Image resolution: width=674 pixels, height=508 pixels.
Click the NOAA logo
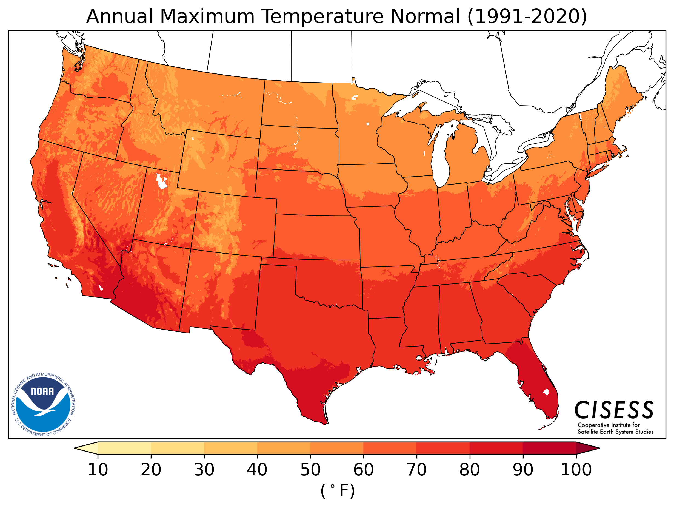pyautogui.click(x=44, y=404)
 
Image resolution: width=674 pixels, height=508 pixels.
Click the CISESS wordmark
pyautogui.click(x=614, y=410)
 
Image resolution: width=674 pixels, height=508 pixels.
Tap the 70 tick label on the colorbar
pyautogui.click(x=416, y=470)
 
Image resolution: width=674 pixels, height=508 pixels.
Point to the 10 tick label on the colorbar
pyautogui.click(x=98, y=470)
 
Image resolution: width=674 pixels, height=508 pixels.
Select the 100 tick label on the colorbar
pyautogui.click(x=576, y=470)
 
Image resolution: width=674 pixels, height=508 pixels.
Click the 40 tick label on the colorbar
pyautogui.click(x=257, y=470)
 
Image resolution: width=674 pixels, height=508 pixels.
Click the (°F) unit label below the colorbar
pyautogui.click(x=337, y=491)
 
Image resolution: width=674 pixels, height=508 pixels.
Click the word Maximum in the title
pyautogui.click(x=207, y=16)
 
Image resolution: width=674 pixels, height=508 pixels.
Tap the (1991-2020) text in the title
pyautogui.click(x=527, y=16)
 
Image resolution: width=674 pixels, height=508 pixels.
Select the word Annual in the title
pyautogui.click(x=119, y=16)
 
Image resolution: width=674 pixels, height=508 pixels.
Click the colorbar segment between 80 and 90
pyautogui.click(x=496, y=448)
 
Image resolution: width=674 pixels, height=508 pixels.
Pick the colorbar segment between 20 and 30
pyautogui.click(x=177, y=448)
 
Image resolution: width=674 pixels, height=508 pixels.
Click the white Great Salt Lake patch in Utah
pyautogui.click(x=161, y=182)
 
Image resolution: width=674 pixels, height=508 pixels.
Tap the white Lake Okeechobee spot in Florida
pyautogui.click(x=546, y=392)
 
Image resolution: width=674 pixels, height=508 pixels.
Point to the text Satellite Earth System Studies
pyautogui.click(x=615, y=432)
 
